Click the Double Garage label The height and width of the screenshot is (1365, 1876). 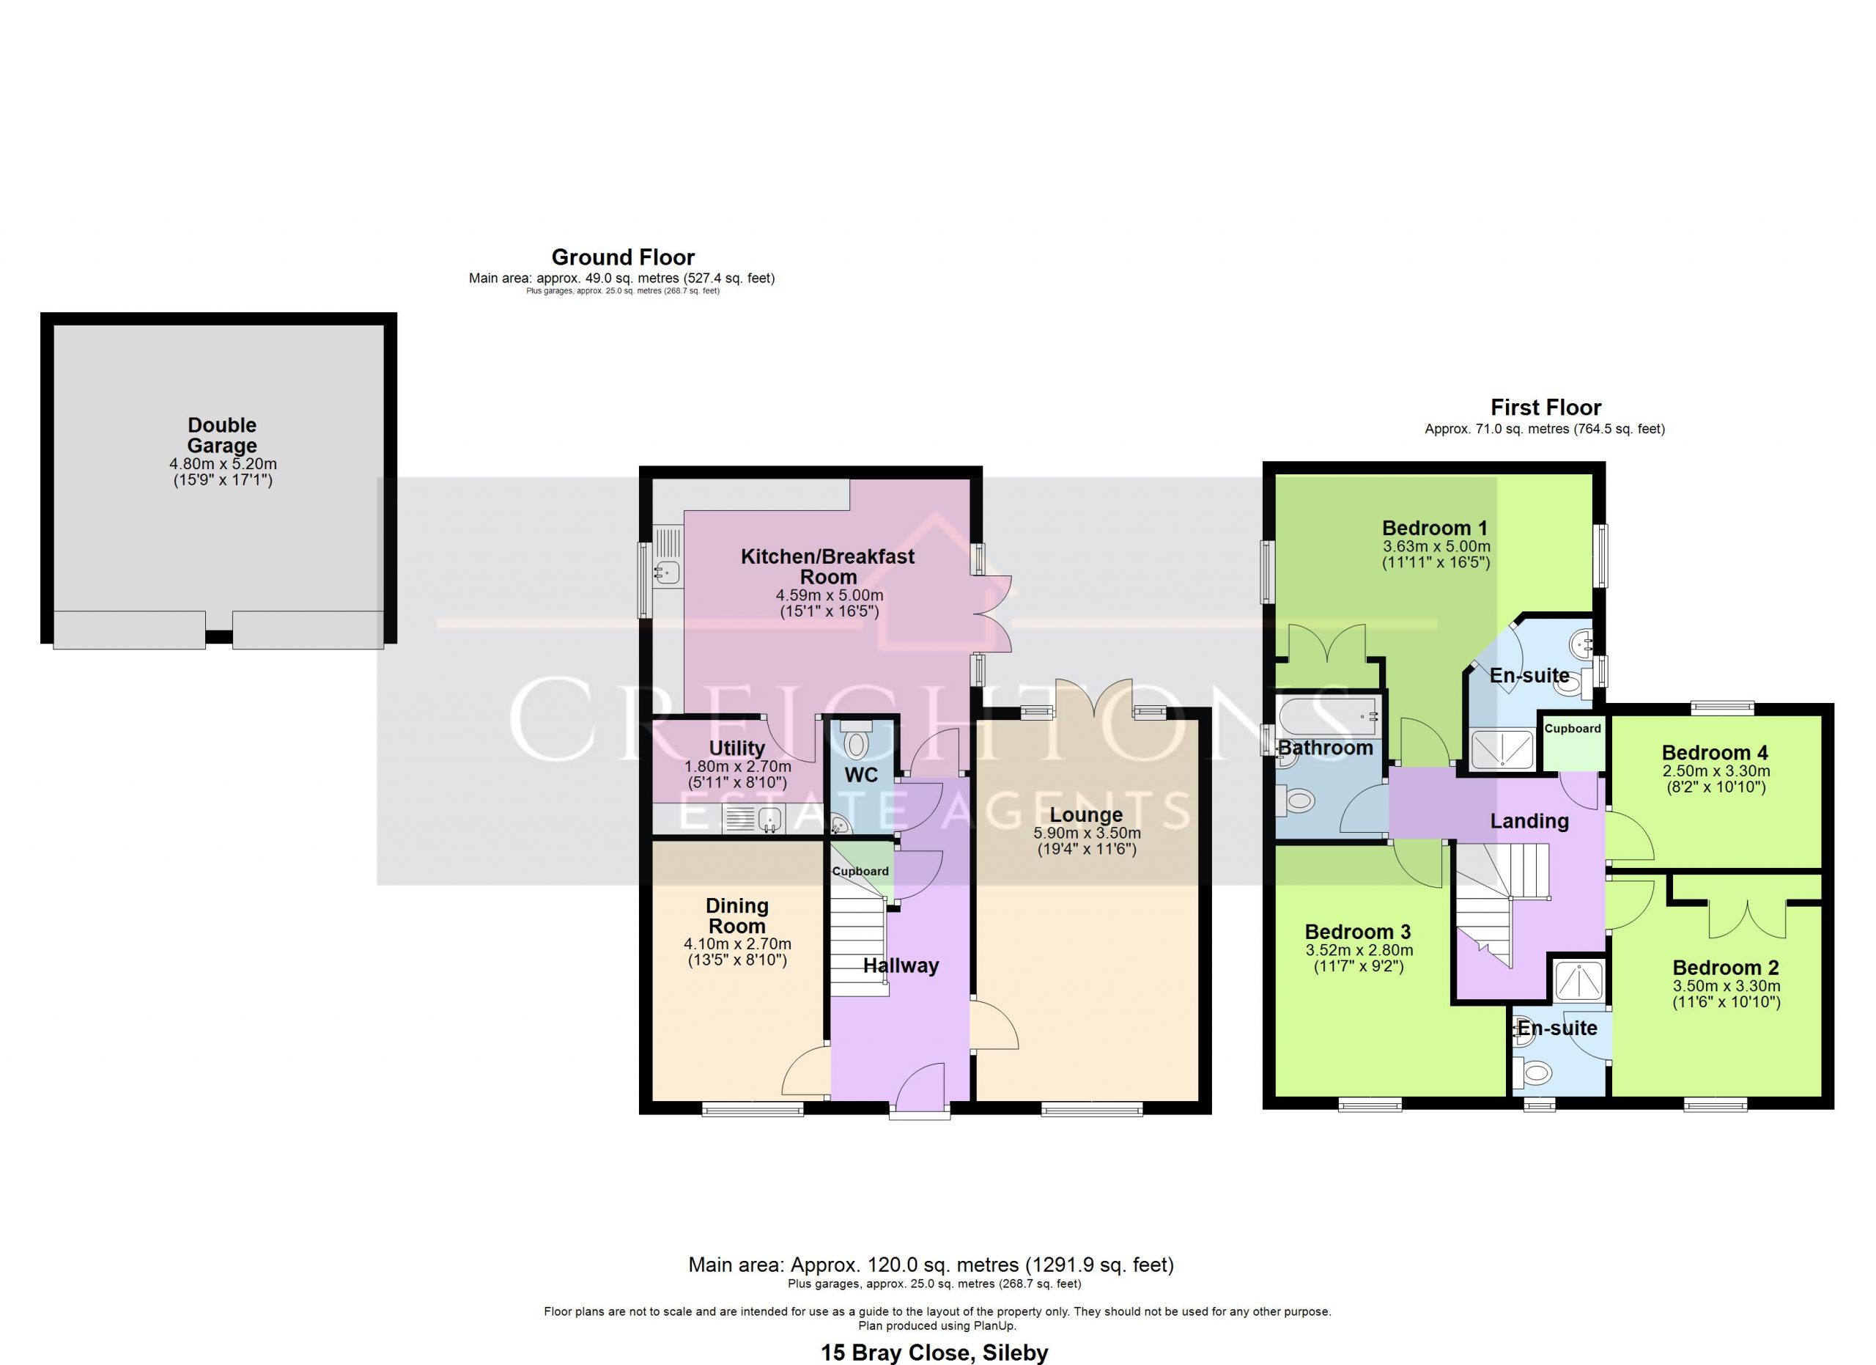(x=222, y=435)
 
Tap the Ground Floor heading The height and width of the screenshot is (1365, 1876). (x=623, y=257)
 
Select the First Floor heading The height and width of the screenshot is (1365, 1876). (x=1546, y=407)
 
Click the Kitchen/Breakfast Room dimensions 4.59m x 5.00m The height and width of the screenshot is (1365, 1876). (x=829, y=595)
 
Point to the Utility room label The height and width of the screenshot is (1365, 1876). (x=736, y=748)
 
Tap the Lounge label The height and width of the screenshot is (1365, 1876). (x=1086, y=815)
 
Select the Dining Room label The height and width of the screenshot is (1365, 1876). (x=737, y=916)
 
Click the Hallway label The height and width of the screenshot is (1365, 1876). (x=901, y=965)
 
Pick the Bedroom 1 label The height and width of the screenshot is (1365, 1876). (x=1435, y=528)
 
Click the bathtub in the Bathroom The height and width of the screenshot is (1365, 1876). (x=1328, y=715)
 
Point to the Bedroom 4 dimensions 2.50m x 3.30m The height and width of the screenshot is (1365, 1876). (x=1716, y=771)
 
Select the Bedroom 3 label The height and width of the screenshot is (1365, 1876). (x=1357, y=932)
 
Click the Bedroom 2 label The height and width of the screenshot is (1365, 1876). (x=1726, y=967)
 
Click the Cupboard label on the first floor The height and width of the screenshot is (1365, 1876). (x=1573, y=728)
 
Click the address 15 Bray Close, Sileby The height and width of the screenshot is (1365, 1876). (x=934, y=1353)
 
